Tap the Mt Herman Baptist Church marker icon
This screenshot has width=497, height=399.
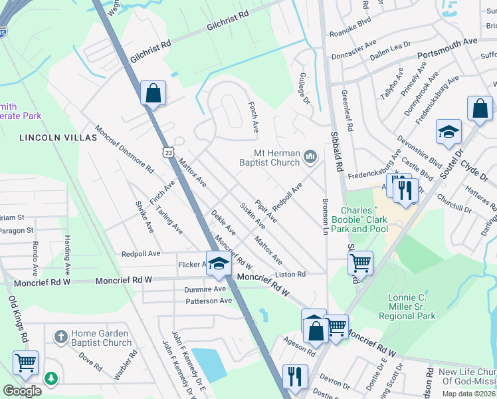point(310,157)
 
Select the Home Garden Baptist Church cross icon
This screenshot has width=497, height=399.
point(60,336)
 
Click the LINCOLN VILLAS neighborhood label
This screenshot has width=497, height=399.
point(54,138)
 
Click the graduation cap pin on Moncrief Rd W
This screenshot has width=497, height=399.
point(219,264)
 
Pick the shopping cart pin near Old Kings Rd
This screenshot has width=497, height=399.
point(26,363)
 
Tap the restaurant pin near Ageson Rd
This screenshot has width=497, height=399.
point(292,376)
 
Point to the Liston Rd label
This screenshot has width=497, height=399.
point(291,274)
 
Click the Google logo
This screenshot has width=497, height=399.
point(21,392)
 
